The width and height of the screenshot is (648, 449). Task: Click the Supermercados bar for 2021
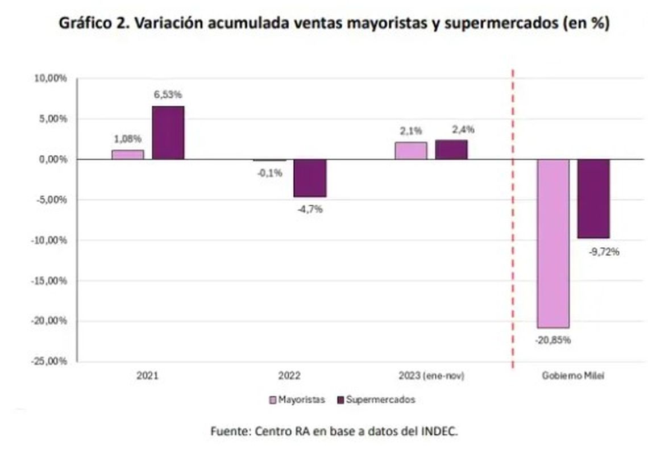point(168,132)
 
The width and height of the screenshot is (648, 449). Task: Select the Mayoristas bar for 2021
point(127,155)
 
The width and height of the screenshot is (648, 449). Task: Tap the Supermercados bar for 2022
point(310,178)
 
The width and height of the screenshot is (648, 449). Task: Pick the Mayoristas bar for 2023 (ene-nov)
point(411,151)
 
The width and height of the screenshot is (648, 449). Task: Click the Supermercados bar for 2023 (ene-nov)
point(451,149)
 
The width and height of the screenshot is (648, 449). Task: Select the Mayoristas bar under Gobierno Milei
point(553,243)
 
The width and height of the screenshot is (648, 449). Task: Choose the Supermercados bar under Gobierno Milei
point(593,198)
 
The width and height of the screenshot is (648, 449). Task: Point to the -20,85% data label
point(552,340)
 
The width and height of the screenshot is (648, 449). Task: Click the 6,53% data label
point(168,94)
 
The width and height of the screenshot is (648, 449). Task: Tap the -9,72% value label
point(604,251)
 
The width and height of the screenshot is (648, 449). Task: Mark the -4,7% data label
point(310,209)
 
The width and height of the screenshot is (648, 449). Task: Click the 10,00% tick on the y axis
point(51,78)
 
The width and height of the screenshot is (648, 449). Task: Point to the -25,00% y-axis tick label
point(49,361)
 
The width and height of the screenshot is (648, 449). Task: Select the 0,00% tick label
point(52,159)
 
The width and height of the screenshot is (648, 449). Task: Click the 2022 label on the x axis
point(289,376)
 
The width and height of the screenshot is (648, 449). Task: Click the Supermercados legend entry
point(376,400)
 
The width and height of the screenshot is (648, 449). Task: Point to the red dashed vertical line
point(513,227)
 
